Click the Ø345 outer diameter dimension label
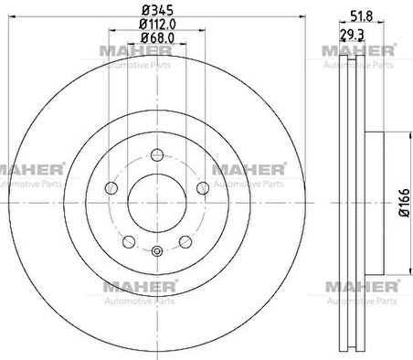pos(158,10)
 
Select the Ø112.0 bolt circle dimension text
pos(157,24)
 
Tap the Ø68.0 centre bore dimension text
pos(157,38)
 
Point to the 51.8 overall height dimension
pos(361,16)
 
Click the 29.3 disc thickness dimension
pos(352,35)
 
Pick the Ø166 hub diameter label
pos(404,203)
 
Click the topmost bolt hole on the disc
pos(157,154)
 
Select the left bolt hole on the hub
pos(111,188)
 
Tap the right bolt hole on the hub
pos(203,188)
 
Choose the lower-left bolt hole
pos(129,242)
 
